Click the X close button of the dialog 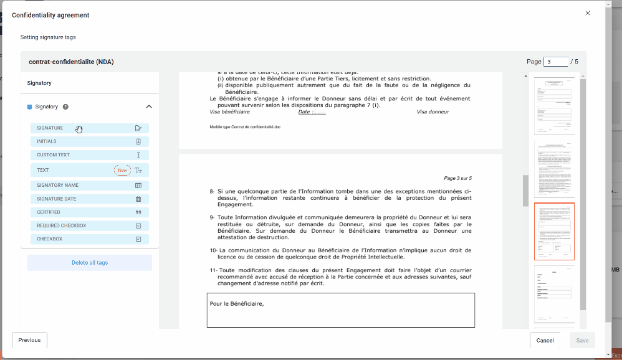(587, 13)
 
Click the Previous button (29, 340)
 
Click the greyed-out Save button (582, 340)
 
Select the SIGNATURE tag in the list (89, 128)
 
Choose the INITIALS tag (89, 141)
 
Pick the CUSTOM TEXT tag (89, 155)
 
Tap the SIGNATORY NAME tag (89, 185)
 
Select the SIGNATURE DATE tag (89, 199)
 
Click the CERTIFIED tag (89, 212)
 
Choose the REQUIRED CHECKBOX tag (89, 225)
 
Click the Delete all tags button (90, 263)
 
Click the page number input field (555, 62)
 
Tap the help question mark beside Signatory (65, 107)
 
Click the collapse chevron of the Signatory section (149, 107)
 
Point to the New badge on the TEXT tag (122, 170)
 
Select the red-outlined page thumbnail (554, 231)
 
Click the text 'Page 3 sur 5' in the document (457, 178)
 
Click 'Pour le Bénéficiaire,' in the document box (237, 304)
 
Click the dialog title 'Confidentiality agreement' (50, 15)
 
